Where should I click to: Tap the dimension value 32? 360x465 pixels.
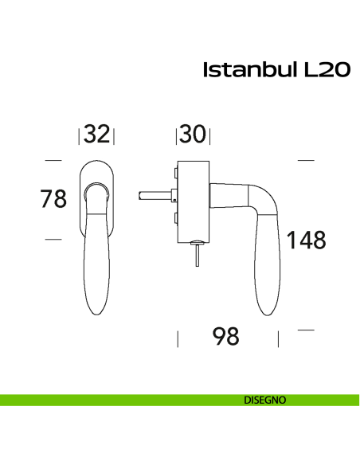point(96,135)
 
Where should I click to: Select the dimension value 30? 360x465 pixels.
point(192,135)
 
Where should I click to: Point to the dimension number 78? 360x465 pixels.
point(53,199)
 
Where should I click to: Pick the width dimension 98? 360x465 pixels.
point(226,338)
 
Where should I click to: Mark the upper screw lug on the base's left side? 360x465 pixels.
point(173,173)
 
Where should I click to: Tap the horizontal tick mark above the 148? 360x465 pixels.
point(306,160)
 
